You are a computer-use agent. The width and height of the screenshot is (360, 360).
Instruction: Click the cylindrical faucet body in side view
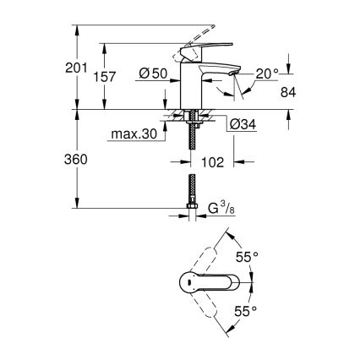click(192, 85)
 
